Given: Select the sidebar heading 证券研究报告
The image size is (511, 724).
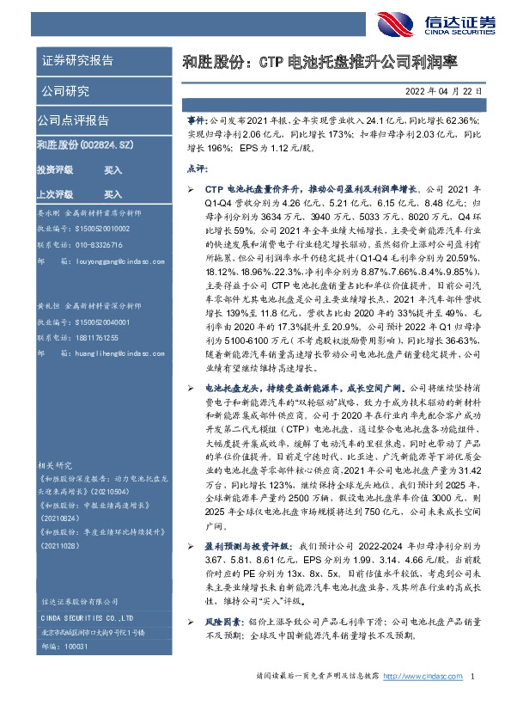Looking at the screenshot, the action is tap(77, 60).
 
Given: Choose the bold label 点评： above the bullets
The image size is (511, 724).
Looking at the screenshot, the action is tap(197, 171).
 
